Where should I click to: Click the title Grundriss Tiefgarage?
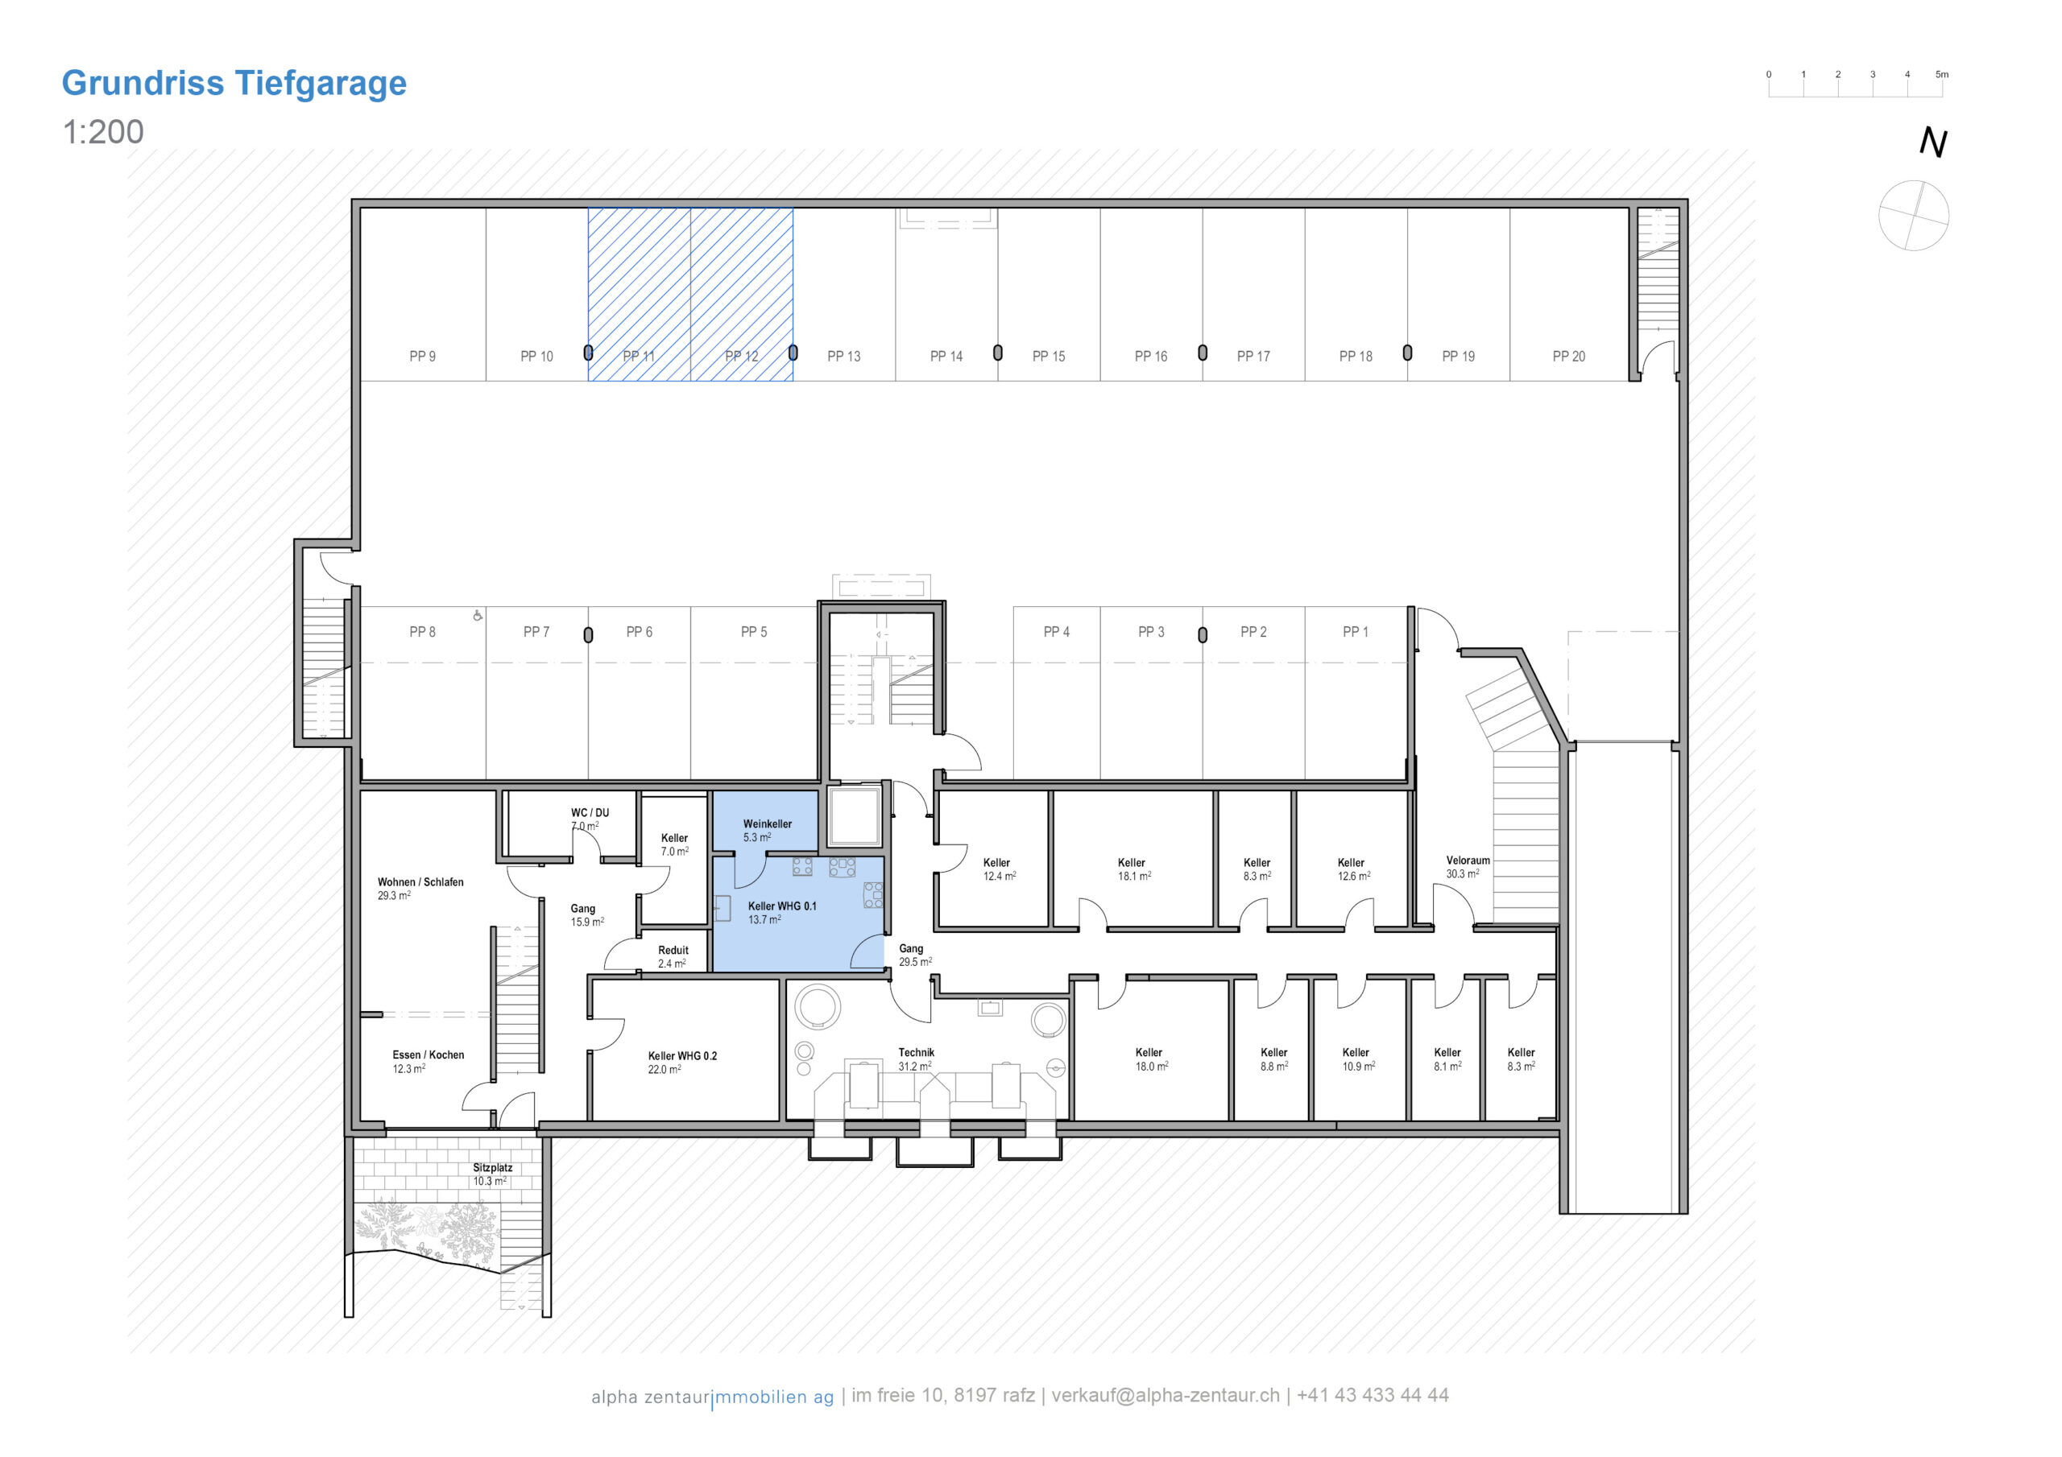point(234,83)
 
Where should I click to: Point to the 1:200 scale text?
point(102,132)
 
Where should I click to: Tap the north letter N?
point(1932,142)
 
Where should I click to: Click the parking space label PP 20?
point(1569,357)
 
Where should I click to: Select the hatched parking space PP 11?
point(640,295)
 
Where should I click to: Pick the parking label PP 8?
point(422,632)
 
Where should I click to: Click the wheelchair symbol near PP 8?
point(478,615)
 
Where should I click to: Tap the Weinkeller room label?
point(767,824)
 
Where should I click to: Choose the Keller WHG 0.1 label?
point(782,906)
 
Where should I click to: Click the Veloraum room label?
point(1468,861)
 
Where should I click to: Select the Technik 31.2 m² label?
point(916,1059)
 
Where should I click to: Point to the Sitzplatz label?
point(492,1168)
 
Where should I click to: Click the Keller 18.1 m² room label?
point(1133,869)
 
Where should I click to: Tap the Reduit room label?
point(673,951)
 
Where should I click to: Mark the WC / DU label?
point(590,813)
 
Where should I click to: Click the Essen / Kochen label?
point(429,1055)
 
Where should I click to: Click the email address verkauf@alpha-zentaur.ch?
point(1165,1395)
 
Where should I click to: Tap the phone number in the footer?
point(1373,1395)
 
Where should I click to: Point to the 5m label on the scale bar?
point(1942,75)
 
